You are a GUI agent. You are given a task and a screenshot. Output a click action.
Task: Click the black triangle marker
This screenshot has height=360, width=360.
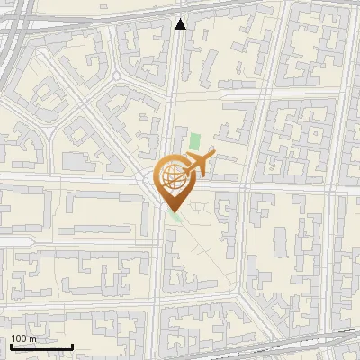[181, 23]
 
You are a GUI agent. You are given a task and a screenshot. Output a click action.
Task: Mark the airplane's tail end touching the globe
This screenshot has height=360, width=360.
[184, 172]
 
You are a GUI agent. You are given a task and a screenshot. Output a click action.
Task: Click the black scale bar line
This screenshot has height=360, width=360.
[40, 347]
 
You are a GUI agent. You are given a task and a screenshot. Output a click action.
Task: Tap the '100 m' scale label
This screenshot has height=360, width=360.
[23, 338]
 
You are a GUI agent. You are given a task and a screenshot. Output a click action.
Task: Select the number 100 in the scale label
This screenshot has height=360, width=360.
[19, 338]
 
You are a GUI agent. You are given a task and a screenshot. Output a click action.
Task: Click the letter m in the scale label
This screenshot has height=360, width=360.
[32, 339]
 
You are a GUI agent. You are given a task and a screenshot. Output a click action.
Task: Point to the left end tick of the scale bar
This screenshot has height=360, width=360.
[10, 346]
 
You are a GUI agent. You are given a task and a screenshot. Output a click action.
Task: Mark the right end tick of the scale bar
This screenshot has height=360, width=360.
[72, 346]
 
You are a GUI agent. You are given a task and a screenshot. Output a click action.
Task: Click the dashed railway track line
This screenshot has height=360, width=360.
[270, 346]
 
